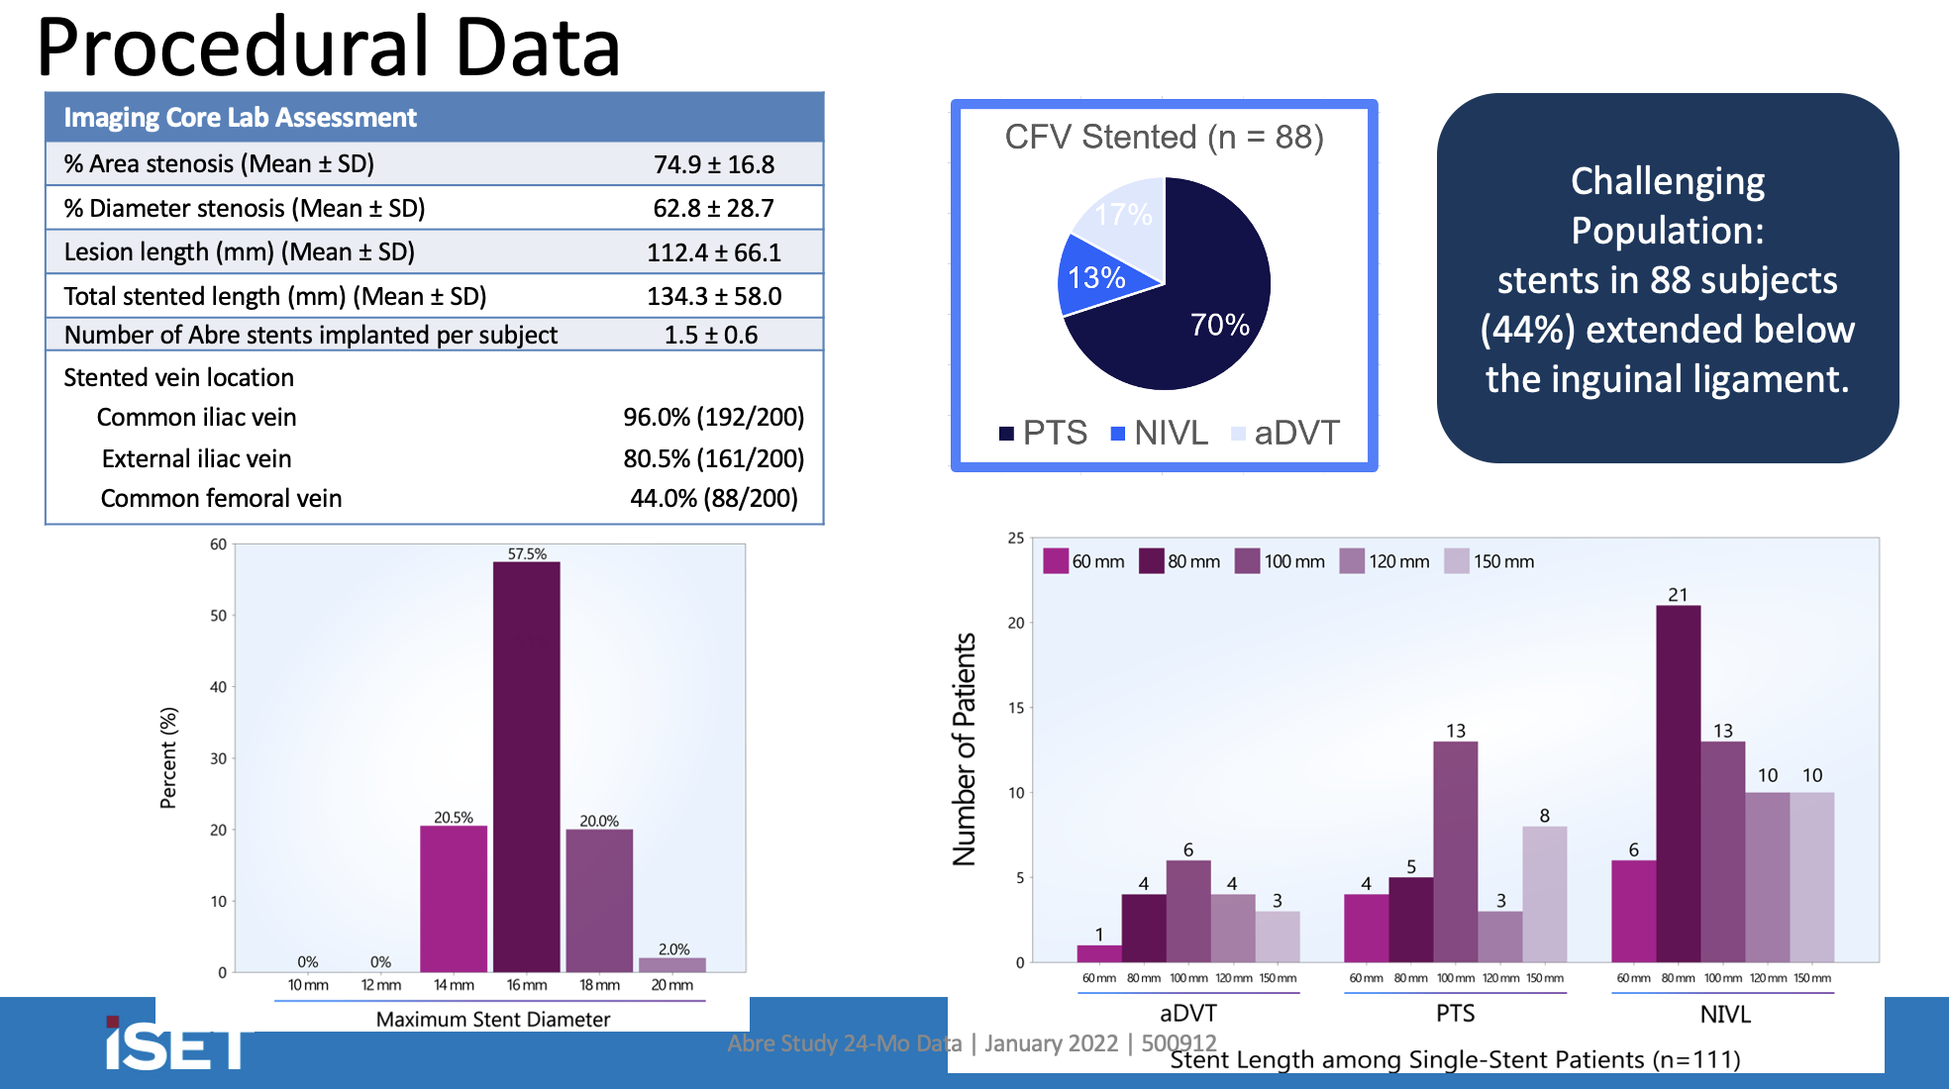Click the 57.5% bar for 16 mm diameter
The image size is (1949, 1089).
click(526, 767)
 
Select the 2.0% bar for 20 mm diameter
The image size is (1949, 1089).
click(672, 964)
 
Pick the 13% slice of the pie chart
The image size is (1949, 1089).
click(1097, 278)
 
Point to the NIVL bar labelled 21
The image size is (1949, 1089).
click(1678, 782)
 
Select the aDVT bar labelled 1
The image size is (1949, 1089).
click(1099, 953)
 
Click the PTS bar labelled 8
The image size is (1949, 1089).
click(1544, 893)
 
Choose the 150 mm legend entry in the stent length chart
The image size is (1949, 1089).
click(1490, 561)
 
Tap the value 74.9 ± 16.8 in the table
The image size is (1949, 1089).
click(713, 164)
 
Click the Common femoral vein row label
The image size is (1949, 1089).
click(221, 498)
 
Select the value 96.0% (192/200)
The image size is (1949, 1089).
click(713, 417)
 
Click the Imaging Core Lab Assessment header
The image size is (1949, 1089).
click(241, 118)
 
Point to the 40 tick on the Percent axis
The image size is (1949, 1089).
click(218, 687)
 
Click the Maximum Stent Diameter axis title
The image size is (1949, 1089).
click(492, 1019)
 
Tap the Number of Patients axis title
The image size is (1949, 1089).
click(964, 749)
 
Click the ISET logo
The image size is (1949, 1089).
click(176, 1044)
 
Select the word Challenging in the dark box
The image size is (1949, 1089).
click(1668, 181)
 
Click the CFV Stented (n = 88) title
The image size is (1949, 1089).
click(1164, 137)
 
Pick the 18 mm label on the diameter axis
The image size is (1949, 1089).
click(599, 985)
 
